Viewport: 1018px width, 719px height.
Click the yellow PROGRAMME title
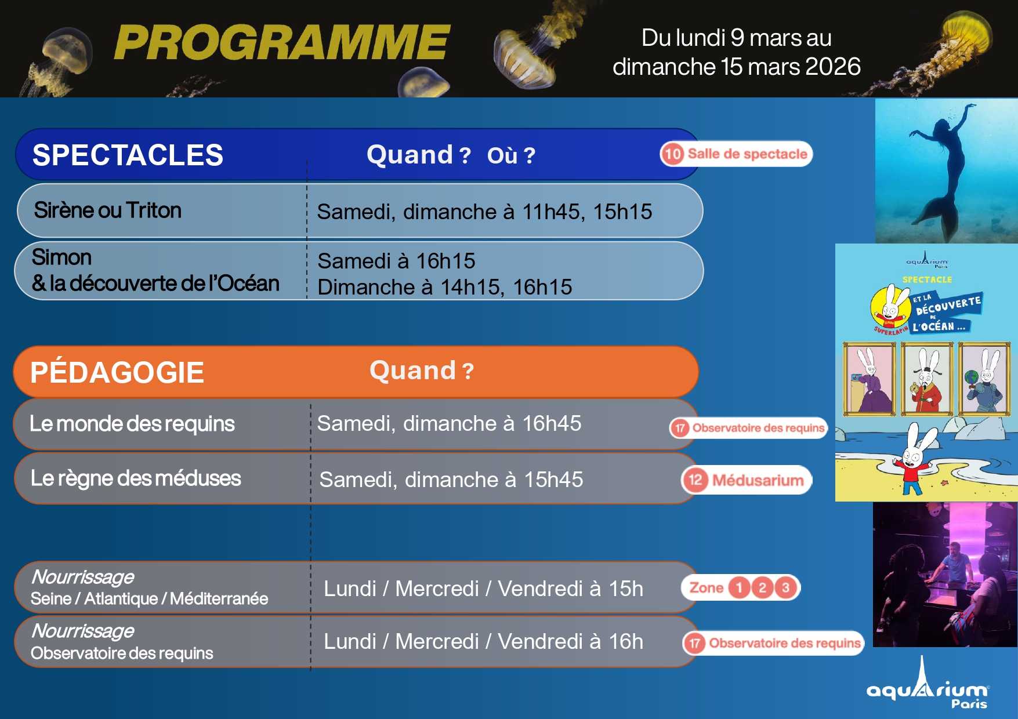tap(282, 42)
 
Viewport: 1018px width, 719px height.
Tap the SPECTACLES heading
tap(128, 155)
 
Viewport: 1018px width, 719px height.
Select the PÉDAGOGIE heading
tap(117, 372)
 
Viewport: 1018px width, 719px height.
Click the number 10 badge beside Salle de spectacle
tap(673, 154)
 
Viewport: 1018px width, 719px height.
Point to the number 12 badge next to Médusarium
tap(695, 480)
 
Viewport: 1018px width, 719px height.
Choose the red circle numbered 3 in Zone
tap(785, 588)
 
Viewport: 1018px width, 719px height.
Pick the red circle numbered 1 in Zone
tap(739, 588)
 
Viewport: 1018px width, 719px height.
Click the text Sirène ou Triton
tap(108, 210)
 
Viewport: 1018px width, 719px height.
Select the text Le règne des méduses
tap(136, 478)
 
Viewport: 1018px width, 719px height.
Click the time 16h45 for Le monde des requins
tap(552, 423)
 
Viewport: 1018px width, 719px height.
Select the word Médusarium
tap(758, 480)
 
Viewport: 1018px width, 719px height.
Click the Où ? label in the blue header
tap(511, 155)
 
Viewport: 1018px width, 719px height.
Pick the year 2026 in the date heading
tap(833, 67)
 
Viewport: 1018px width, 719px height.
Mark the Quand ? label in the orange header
tap(422, 371)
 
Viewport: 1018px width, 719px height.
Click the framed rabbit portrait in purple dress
tap(869, 379)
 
